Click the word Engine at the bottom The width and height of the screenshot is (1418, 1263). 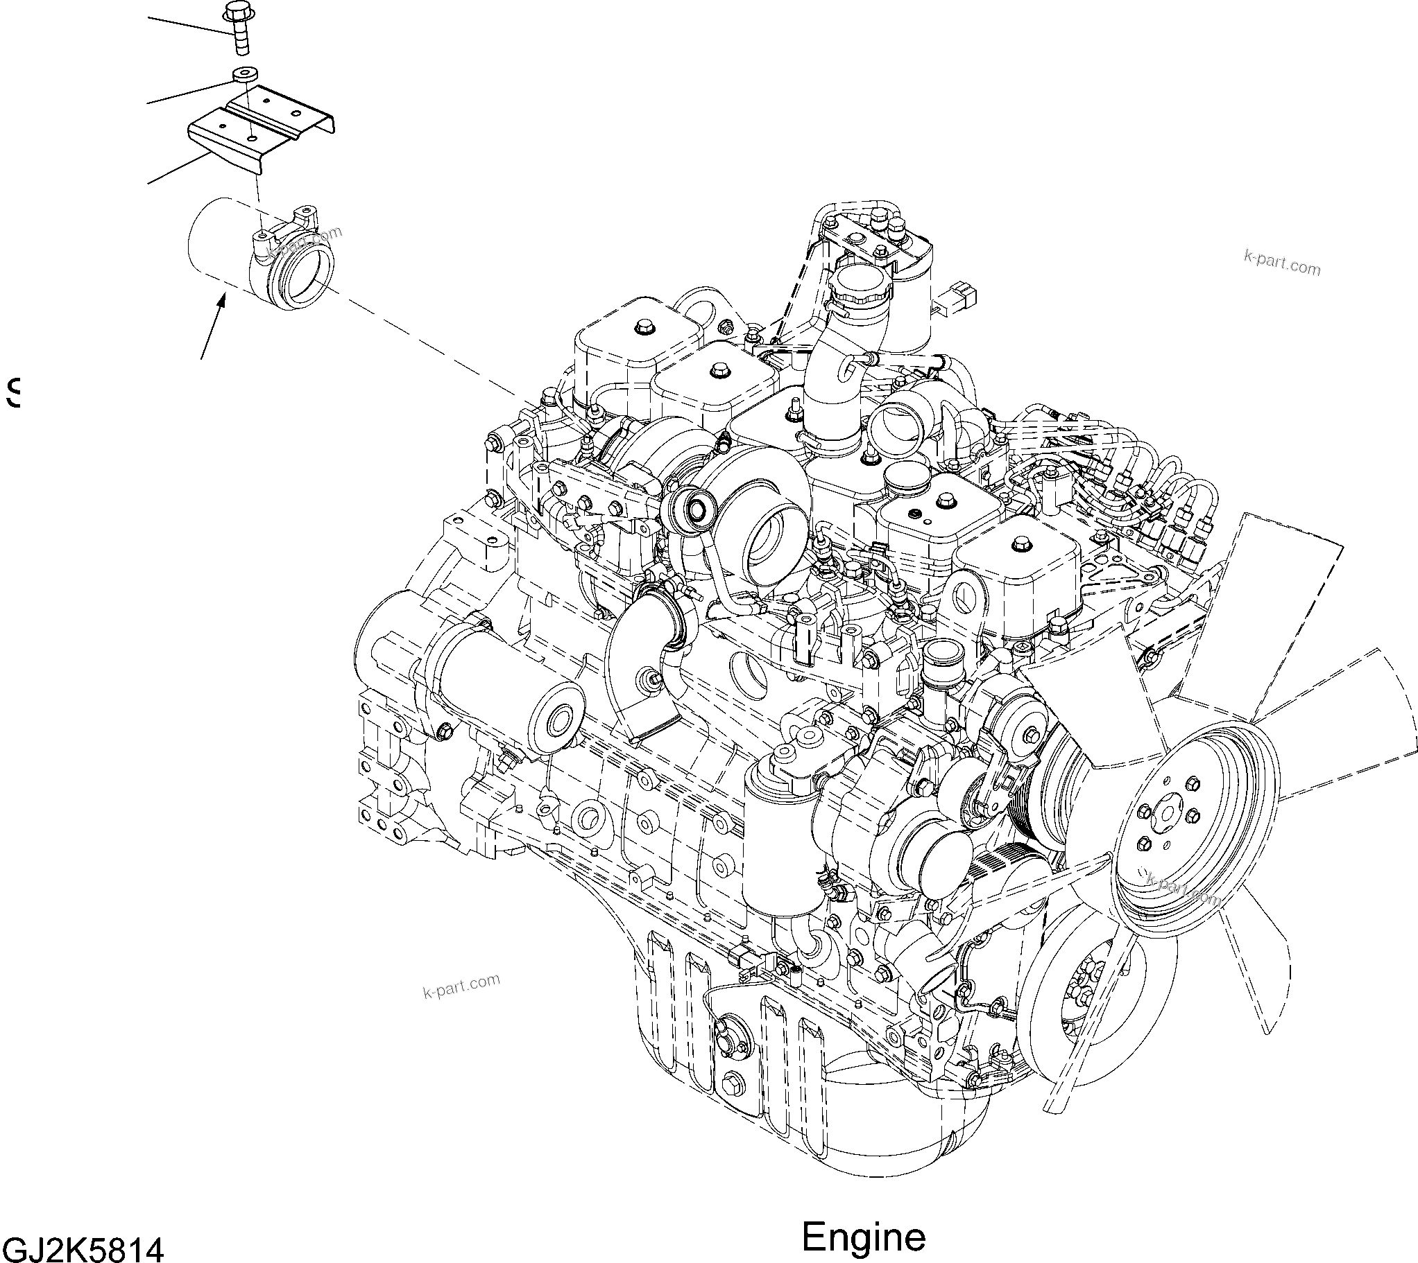863,1237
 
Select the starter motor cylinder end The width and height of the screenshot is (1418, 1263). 556,722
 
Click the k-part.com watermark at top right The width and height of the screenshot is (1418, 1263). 1282,264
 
